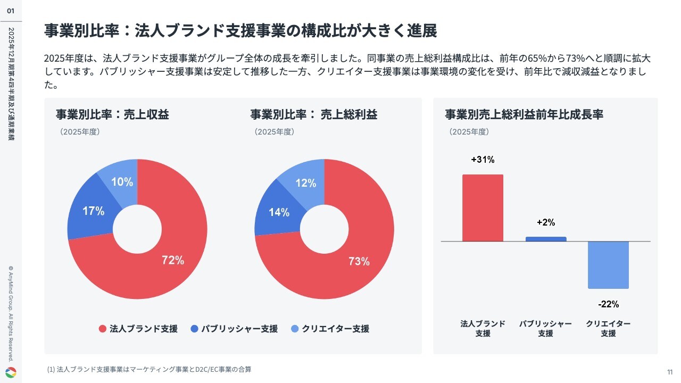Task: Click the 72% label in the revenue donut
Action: [x=173, y=260]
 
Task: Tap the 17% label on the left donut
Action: [x=93, y=211]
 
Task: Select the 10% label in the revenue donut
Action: [x=122, y=182]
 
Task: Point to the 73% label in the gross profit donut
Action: [x=359, y=261]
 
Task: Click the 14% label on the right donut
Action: [x=279, y=213]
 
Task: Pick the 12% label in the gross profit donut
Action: [x=306, y=183]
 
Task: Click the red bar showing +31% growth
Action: [x=483, y=208]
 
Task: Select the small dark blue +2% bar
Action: [x=546, y=239]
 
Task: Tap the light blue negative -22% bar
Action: [x=608, y=265]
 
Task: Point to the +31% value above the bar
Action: [x=483, y=160]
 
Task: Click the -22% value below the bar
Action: [x=608, y=304]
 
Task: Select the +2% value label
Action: [x=546, y=222]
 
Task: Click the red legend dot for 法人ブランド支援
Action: [x=103, y=329]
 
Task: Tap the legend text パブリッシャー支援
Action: [x=239, y=329]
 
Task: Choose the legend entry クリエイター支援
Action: [x=335, y=329]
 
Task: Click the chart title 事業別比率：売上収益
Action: [x=112, y=114]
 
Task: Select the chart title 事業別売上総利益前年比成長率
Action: [x=524, y=114]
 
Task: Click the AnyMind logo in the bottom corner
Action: [x=11, y=372]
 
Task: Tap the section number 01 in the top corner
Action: [x=11, y=11]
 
